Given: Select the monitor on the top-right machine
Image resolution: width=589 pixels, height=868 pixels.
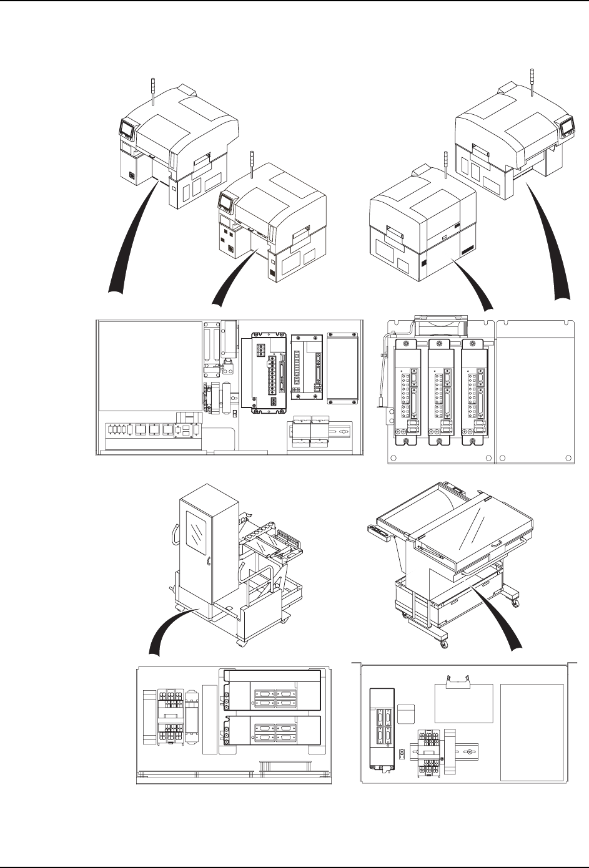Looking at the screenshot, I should pyautogui.click(x=567, y=128).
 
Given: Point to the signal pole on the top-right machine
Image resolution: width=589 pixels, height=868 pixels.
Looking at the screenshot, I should pyautogui.click(x=531, y=81).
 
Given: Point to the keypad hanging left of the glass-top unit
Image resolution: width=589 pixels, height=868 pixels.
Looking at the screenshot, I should pyautogui.click(x=382, y=531).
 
